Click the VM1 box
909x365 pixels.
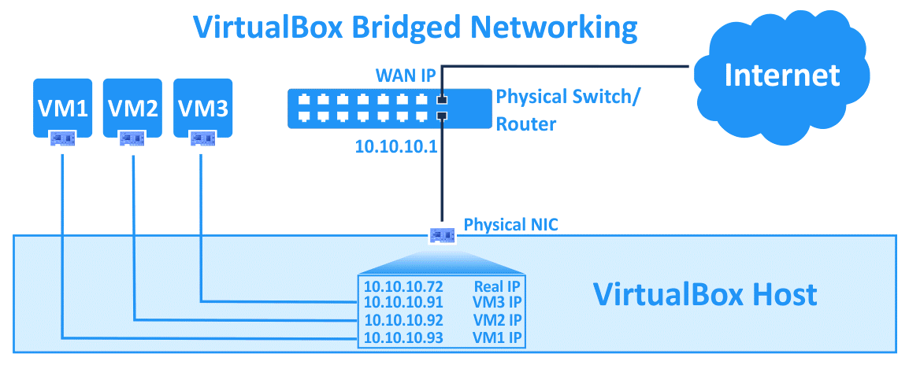tap(63, 107)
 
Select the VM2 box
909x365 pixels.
tap(132, 107)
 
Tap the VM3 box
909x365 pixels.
tap(202, 107)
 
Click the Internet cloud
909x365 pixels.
tap(781, 75)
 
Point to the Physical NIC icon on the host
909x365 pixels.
tap(442, 235)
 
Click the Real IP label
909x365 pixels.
tap(497, 286)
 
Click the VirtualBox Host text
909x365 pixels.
tap(704, 295)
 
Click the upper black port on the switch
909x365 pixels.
tap(442, 100)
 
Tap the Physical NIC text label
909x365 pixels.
tap(510, 225)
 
